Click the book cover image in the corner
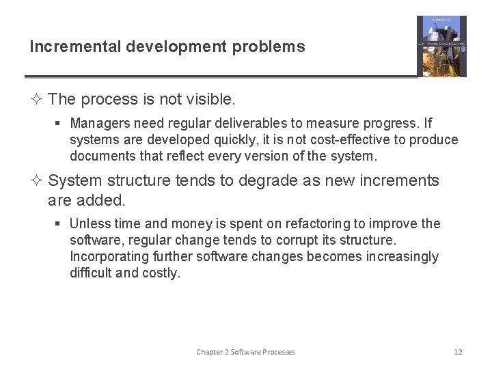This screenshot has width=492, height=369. point(441,46)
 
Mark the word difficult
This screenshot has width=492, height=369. point(92,273)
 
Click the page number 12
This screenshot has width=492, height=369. point(458,352)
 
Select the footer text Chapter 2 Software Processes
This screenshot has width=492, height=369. point(245,352)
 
